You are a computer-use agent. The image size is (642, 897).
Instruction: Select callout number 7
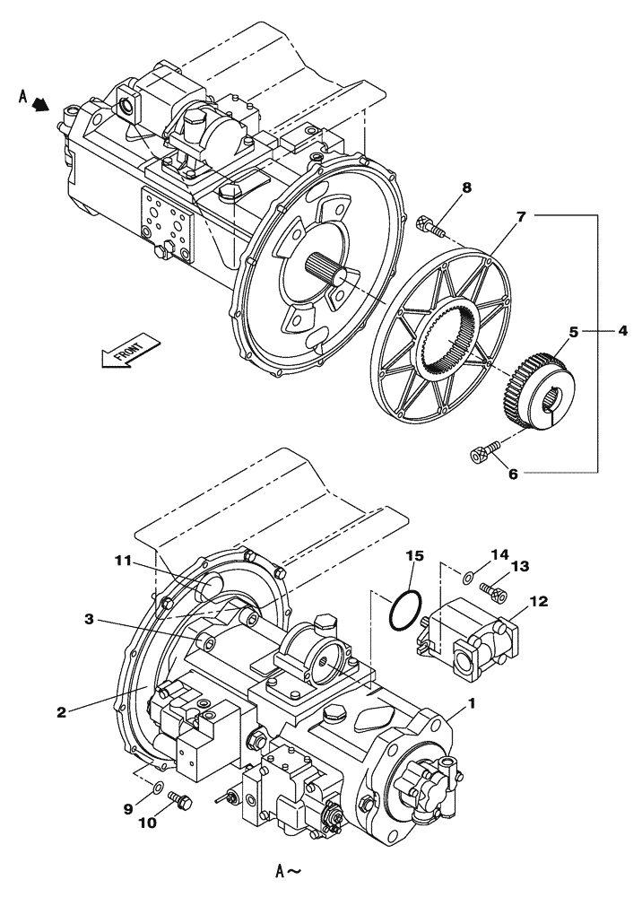[x=521, y=217]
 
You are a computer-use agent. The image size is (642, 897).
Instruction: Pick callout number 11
[x=124, y=562]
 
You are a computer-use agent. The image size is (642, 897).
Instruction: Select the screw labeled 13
[x=493, y=591]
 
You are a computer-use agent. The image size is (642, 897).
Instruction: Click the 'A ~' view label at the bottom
[x=290, y=869]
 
